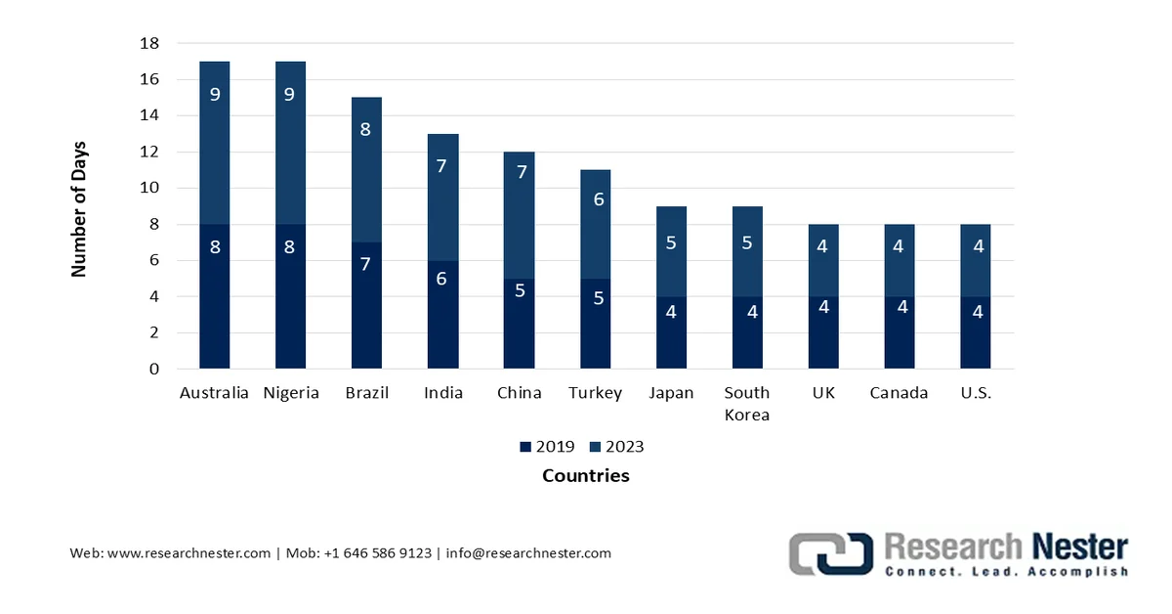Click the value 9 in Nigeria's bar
[x=290, y=95]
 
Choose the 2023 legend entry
[x=616, y=447]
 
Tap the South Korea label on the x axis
[x=747, y=403]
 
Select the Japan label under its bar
[x=671, y=393]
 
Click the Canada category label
[x=900, y=393]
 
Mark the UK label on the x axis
[x=823, y=393]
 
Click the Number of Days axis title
[x=79, y=209]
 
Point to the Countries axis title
[x=585, y=476]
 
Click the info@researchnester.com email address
[x=528, y=553]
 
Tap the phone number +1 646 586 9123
[x=376, y=553]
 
